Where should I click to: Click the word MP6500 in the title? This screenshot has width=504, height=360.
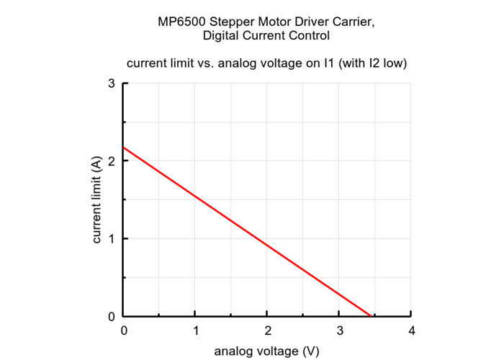click(181, 22)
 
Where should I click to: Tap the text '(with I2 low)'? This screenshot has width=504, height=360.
click(375, 63)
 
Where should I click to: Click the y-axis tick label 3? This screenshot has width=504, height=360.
click(112, 83)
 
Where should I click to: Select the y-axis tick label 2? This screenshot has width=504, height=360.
click(112, 161)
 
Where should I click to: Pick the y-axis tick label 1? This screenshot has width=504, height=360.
click(112, 238)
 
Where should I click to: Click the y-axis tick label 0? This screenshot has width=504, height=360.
click(112, 316)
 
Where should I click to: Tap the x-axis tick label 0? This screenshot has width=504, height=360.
click(124, 330)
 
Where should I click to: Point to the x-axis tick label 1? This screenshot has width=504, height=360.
click(196, 330)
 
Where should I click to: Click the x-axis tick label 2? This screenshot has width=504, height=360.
click(267, 330)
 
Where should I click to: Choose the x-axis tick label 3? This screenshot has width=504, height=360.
click(339, 330)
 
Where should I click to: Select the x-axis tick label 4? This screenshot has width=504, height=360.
click(411, 330)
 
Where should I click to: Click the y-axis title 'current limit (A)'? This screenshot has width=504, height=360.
click(96, 199)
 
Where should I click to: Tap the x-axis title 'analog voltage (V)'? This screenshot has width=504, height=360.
click(267, 351)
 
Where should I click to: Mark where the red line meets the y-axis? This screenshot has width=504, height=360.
click(125, 148)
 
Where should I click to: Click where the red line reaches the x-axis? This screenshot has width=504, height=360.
click(370, 315)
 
